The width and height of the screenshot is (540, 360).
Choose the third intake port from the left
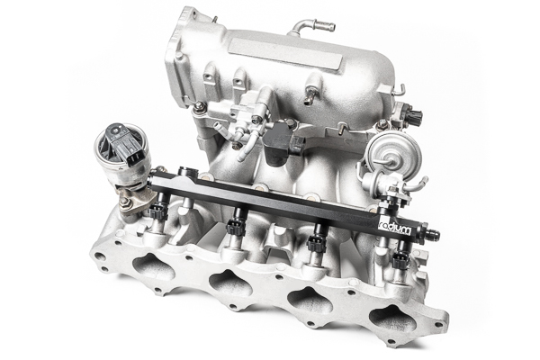point(310,301)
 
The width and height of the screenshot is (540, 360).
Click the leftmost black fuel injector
point(160,213)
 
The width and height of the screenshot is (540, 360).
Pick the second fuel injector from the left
point(237,226)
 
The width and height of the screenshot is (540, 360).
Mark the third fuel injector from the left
point(318,242)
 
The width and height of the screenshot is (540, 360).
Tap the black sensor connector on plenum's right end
point(415,117)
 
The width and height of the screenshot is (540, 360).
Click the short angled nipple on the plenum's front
point(310,94)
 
